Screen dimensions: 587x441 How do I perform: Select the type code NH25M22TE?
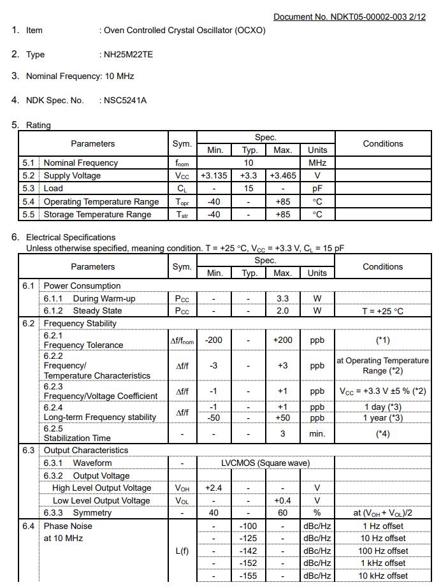(x=128, y=55)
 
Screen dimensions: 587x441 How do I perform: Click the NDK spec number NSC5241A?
(x=126, y=101)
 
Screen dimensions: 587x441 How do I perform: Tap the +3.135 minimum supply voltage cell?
(x=214, y=176)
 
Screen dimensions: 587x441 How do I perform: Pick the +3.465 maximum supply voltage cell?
(x=282, y=176)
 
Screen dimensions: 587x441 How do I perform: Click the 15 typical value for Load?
(x=249, y=189)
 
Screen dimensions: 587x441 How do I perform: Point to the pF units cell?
(x=317, y=189)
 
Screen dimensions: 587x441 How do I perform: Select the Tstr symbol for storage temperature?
(x=182, y=215)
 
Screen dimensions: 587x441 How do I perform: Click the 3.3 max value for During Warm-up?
(x=282, y=298)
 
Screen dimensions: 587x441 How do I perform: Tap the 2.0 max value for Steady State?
(x=282, y=311)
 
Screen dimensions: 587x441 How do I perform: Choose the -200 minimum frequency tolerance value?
(x=214, y=340)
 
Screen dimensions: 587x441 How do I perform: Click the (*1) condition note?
(x=383, y=340)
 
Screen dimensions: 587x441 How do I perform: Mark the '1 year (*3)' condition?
(x=383, y=418)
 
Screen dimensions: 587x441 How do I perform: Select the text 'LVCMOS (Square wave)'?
(x=265, y=463)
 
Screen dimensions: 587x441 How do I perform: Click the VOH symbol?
(x=182, y=488)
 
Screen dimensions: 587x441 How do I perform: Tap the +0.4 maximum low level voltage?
(x=282, y=501)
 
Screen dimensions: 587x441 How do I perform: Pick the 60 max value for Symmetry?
(x=282, y=513)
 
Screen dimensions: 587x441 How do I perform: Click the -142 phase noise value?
(x=248, y=551)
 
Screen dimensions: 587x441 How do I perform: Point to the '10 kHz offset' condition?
(x=383, y=576)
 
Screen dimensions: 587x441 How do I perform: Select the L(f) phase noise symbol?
(x=182, y=551)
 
